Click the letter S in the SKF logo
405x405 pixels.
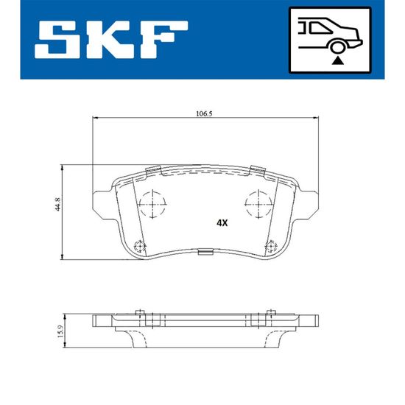(x=58, y=40)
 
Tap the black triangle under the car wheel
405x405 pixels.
(x=337, y=61)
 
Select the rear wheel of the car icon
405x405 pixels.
(x=337, y=48)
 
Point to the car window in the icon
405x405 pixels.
(x=320, y=27)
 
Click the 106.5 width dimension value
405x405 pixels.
(x=204, y=113)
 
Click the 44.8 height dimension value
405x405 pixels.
(x=58, y=204)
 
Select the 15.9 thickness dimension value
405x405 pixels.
(x=60, y=331)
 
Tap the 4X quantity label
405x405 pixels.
(x=222, y=223)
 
